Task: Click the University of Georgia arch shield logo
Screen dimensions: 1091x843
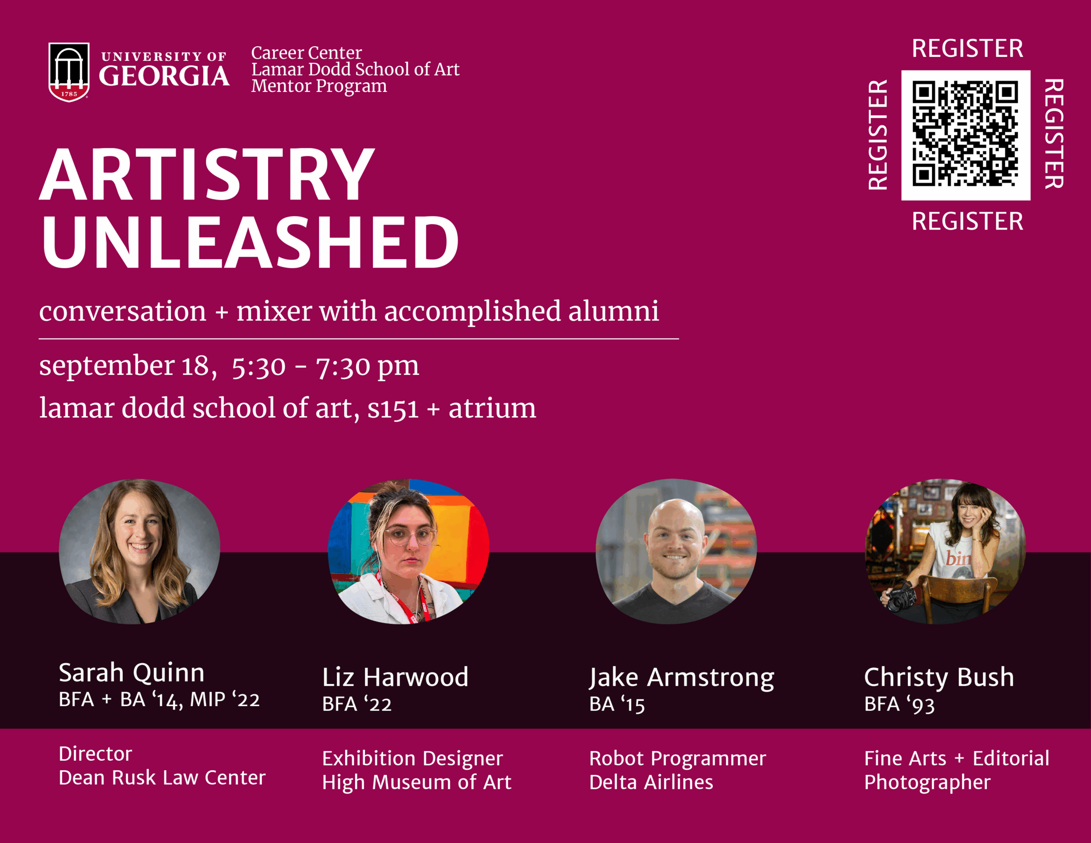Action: (x=69, y=72)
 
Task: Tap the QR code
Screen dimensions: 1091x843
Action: (x=966, y=135)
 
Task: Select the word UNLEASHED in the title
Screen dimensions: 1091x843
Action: (x=250, y=243)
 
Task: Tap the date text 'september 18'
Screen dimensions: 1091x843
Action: (x=128, y=367)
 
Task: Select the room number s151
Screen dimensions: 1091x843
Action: (x=393, y=409)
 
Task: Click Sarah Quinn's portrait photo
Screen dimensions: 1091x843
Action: (x=140, y=551)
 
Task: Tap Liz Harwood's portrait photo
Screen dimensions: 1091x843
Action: (x=408, y=551)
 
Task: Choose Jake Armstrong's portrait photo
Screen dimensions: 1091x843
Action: (x=676, y=551)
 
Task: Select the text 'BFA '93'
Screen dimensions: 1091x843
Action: (x=899, y=704)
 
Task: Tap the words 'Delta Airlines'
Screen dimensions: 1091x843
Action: (x=651, y=782)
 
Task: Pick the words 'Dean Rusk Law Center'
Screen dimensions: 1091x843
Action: (x=162, y=778)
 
